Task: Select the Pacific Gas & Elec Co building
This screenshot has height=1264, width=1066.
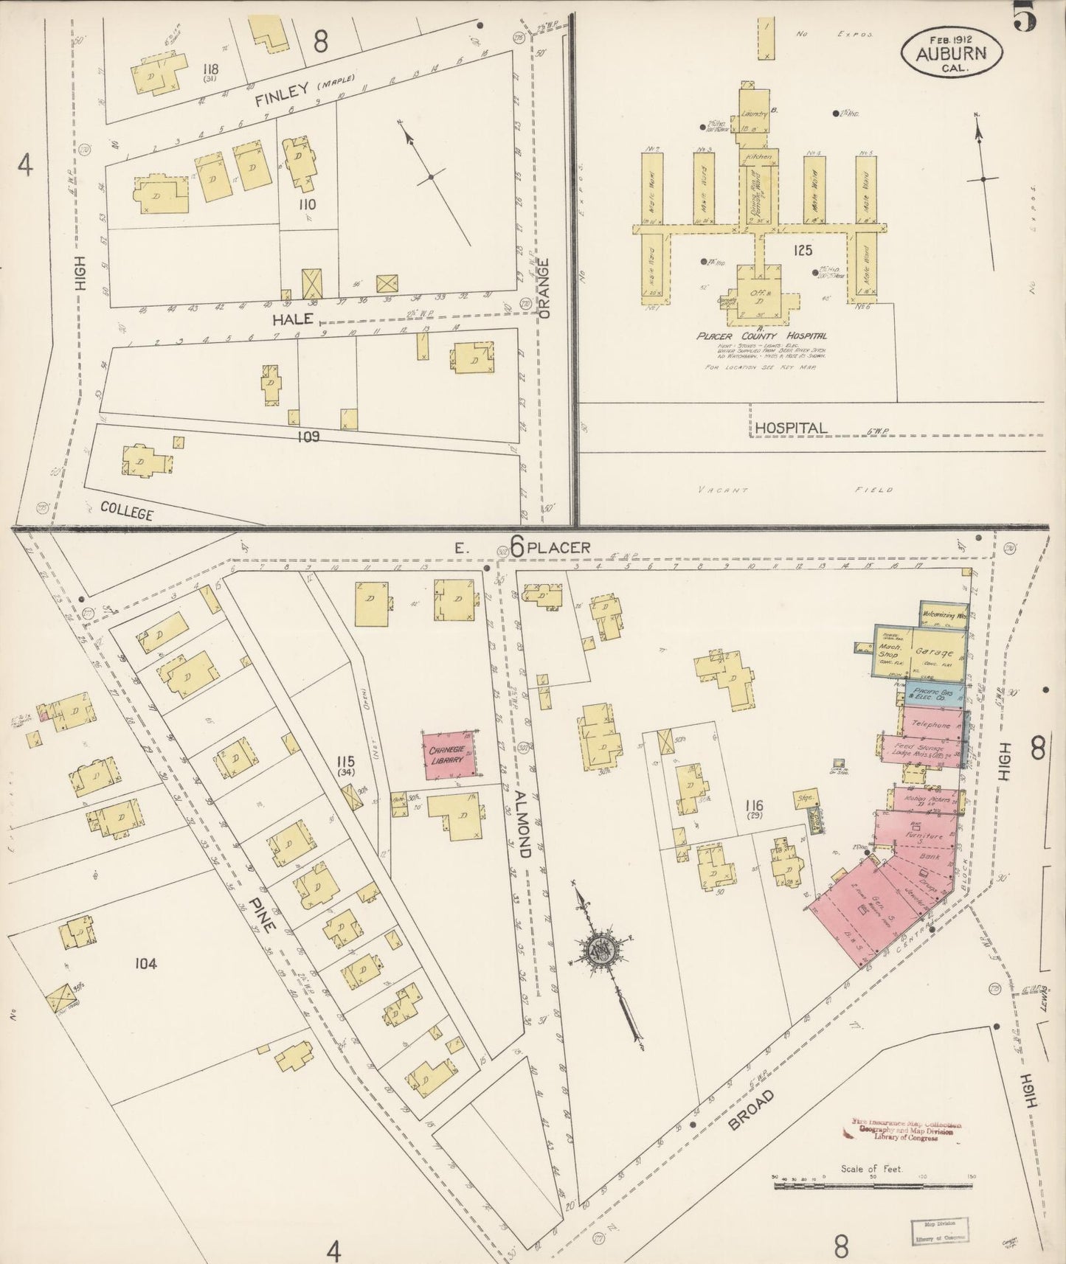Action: point(932,692)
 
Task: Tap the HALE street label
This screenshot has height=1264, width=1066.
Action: point(293,319)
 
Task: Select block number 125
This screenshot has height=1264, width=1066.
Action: point(803,251)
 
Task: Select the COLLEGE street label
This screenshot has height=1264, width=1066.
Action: point(126,510)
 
